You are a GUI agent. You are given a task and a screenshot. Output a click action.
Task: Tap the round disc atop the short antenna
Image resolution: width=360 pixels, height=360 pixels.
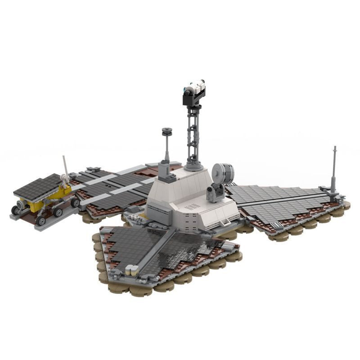167,131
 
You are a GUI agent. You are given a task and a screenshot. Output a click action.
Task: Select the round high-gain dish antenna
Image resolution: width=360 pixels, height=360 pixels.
223,171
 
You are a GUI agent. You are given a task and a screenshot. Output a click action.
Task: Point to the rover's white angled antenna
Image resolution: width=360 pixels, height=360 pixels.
66,166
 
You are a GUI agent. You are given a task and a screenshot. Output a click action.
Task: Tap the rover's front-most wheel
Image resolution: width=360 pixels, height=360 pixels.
41,220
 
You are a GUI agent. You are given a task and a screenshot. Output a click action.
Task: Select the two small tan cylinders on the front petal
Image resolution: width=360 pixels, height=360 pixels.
132,270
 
